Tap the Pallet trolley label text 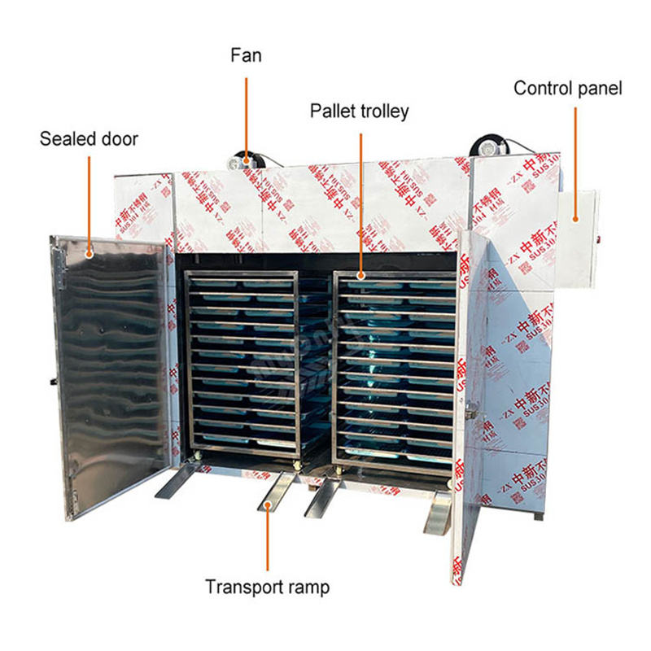tap(359, 111)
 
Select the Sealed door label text tap(89, 138)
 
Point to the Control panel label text tap(567, 88)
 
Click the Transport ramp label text tap(267, 586)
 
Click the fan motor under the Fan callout tap(243, 159)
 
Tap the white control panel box tap(576, 236)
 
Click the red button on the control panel tap(596, 238)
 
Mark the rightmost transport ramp tap(438, 511)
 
